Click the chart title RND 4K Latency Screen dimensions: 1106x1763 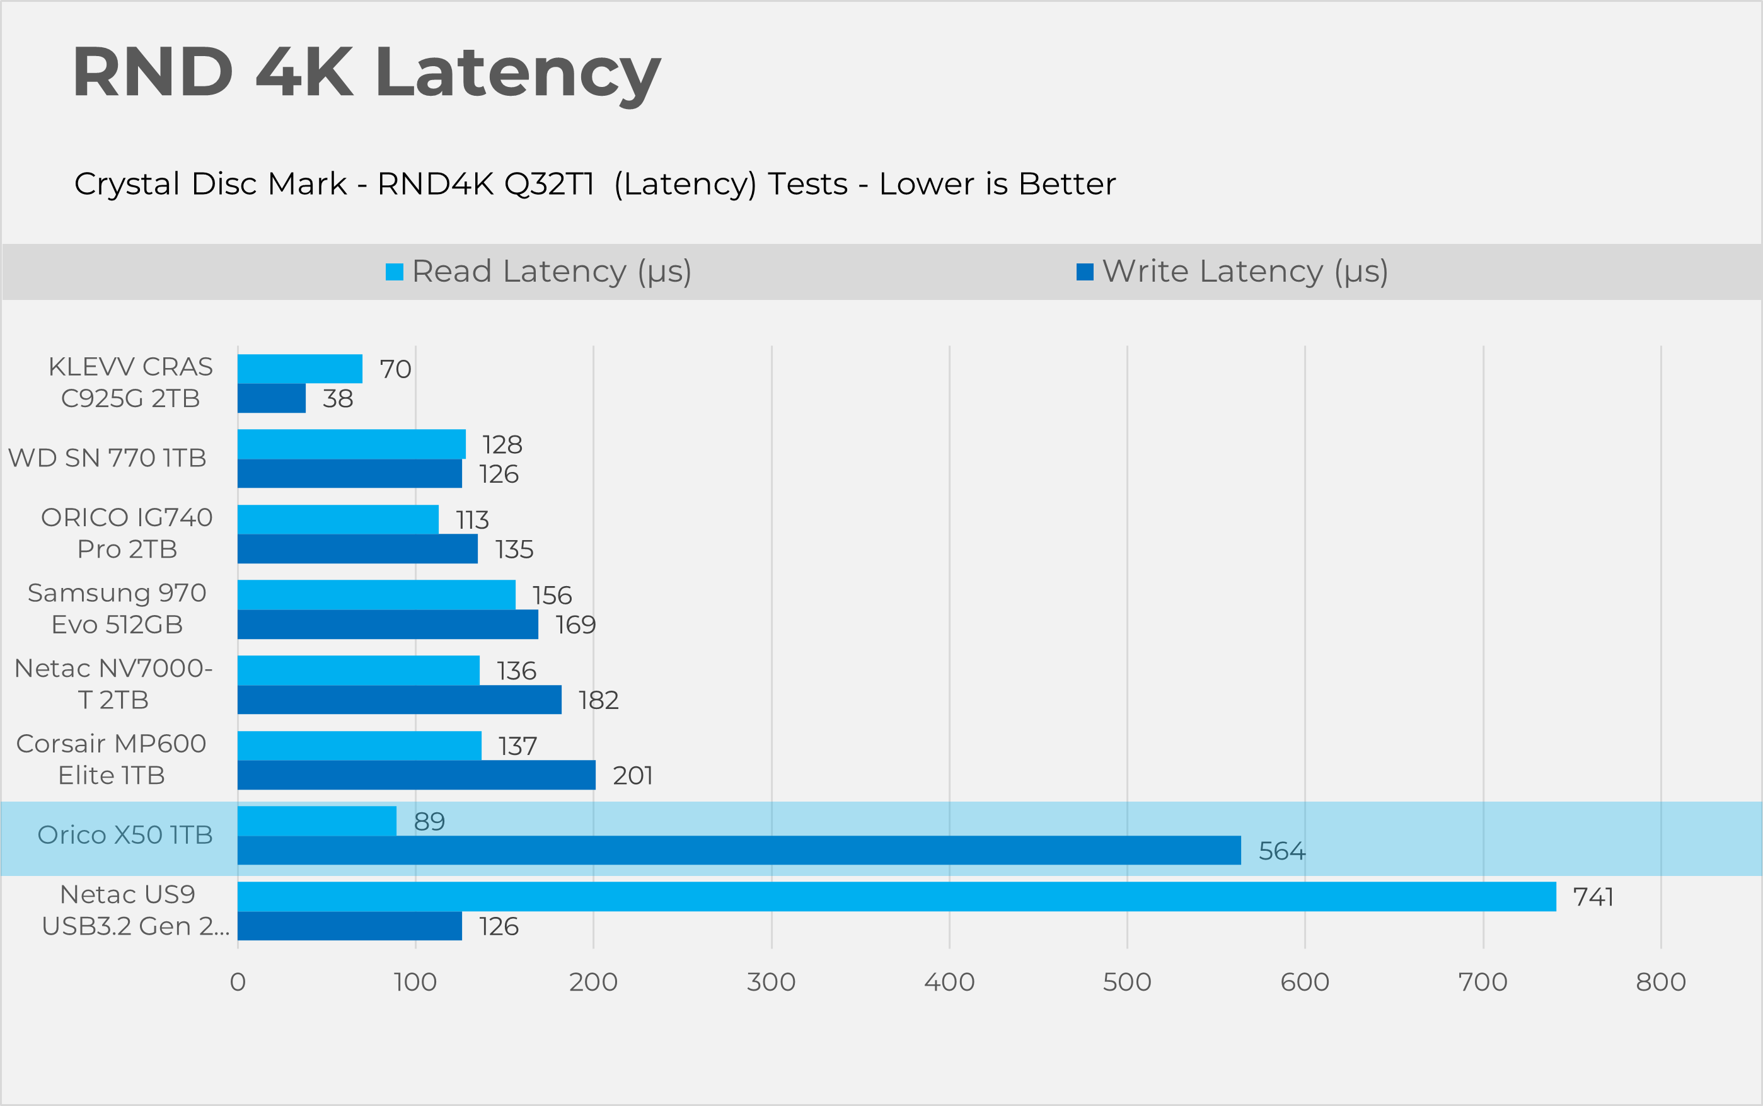pyautogui.click(x=366, y=73)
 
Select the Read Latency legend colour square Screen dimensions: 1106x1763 pyautogui.click(x=395, y=272)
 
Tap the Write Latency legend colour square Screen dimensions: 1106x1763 pyautogui.click(x=1085, y=272)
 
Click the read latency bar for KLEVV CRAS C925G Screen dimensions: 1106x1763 pyautogui.click(x=300, y=369)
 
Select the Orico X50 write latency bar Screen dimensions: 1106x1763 pyautogui.click(x=739, y=850)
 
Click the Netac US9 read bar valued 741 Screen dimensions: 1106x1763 pyautogui.click(x=896, y=896)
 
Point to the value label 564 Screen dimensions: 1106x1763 pyautogui.click(x=1281, y=851)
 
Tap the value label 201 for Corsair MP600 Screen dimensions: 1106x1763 pyautogui.click(x=633, y=775)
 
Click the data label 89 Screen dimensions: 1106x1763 pyautogui.click(x=429, y=821)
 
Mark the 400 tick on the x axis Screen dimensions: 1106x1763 pyautogui.click(x=949, y=982)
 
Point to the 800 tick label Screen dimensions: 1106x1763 pyautogui.click(x=1661, y=982)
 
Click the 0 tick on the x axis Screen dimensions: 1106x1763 pyautogui.click(x=238, y=982)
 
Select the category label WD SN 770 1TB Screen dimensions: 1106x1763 pyautogui.click(x=108, y=458)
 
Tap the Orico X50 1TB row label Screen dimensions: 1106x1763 pyautogui.click(x=125, y=834)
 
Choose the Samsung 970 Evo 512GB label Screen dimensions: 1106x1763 pyautogui.click(x=117, y=609)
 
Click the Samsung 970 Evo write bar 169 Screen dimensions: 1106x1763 pyautogui.click(x=388, y=625)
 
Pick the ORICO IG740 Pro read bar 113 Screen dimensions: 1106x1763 pyautogui.click(x=338, y=519)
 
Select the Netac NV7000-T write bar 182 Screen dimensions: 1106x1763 pyautogui.click(x=400, y=700)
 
